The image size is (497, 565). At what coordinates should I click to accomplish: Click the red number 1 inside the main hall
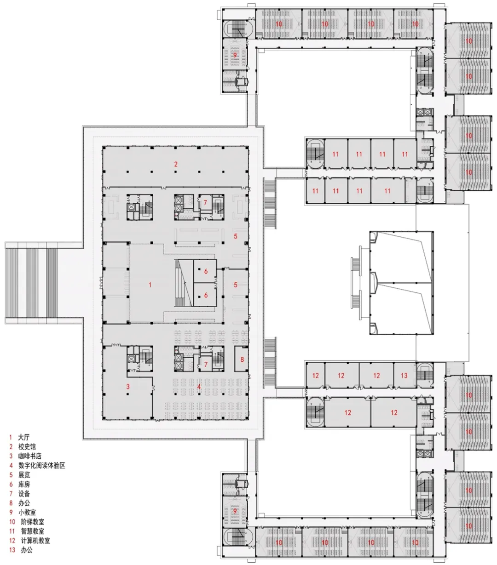pos(150,285)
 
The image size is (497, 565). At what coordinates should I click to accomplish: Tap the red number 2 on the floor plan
pos(176,164)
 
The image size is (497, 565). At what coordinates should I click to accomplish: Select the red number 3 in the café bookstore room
pos(128,387)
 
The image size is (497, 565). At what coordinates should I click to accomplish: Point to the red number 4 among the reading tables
pos(199,387)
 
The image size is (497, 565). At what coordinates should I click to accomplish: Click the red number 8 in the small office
pos(242,360)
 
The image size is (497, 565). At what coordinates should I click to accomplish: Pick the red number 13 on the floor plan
pos(404,376)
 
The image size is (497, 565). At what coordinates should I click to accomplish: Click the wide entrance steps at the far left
pos(32,283)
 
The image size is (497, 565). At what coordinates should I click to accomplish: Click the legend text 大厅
pos(24,437)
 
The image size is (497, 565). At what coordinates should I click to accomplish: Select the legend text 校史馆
pos(27,447)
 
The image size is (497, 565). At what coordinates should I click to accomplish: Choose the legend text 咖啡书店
pos(30,456)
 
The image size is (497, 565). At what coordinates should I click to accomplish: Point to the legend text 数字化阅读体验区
pos(41,465)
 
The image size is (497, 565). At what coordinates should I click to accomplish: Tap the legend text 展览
pos(24,475)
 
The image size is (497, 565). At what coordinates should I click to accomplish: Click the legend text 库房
pos(24,485)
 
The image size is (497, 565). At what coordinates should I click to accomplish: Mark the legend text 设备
pos(24,494)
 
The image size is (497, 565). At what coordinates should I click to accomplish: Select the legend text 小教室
pos(27,512)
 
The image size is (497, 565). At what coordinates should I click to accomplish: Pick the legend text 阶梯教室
pos(32,522)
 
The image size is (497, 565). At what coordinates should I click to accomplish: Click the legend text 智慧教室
pos(32,531)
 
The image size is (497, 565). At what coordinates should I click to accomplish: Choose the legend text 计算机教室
pos(35,541)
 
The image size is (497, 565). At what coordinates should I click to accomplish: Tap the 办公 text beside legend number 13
pos(27,550)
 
